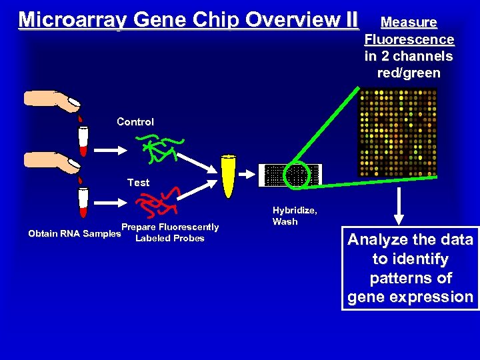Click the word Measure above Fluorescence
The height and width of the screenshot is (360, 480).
pos(409,23)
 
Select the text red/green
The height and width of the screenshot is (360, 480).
pos(409,73)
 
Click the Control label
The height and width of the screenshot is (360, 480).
pos(135,122)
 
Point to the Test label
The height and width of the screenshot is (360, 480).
pos(138,182)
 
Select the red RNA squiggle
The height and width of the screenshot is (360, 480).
pos(157,201)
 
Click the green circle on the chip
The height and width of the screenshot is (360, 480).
pos(295,175)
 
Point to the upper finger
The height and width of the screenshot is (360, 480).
pos(53,100)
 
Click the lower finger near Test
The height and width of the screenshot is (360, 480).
pos(53,161)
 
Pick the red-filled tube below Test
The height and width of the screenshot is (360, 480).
pos(83,201)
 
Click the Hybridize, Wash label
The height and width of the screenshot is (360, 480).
pos(294,216)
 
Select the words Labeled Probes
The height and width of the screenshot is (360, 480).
pos(170,239)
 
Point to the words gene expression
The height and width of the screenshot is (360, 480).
pos(410,297)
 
